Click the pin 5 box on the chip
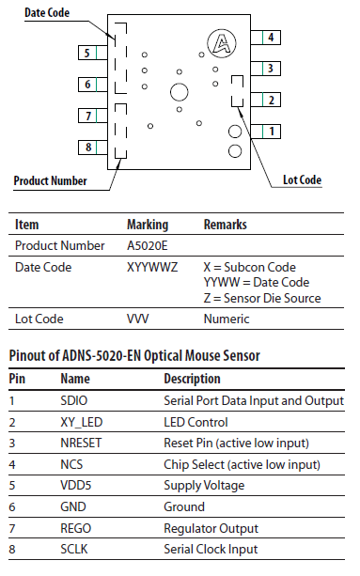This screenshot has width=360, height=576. point(86,53)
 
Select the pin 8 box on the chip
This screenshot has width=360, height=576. point(86,148)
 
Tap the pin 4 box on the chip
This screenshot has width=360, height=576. point(271,38)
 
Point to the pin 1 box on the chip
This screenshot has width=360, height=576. point(271,132)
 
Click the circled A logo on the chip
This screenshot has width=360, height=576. point(221,42)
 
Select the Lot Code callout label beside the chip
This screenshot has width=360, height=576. point(302,179)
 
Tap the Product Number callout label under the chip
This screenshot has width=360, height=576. point(51,180)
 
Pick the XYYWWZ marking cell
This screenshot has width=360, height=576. point(151,267)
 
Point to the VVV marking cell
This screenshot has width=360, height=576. point(138,319)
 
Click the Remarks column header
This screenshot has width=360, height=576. point(226,226)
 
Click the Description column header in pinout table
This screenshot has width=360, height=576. point(193,379)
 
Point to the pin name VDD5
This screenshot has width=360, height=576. point(76,486)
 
